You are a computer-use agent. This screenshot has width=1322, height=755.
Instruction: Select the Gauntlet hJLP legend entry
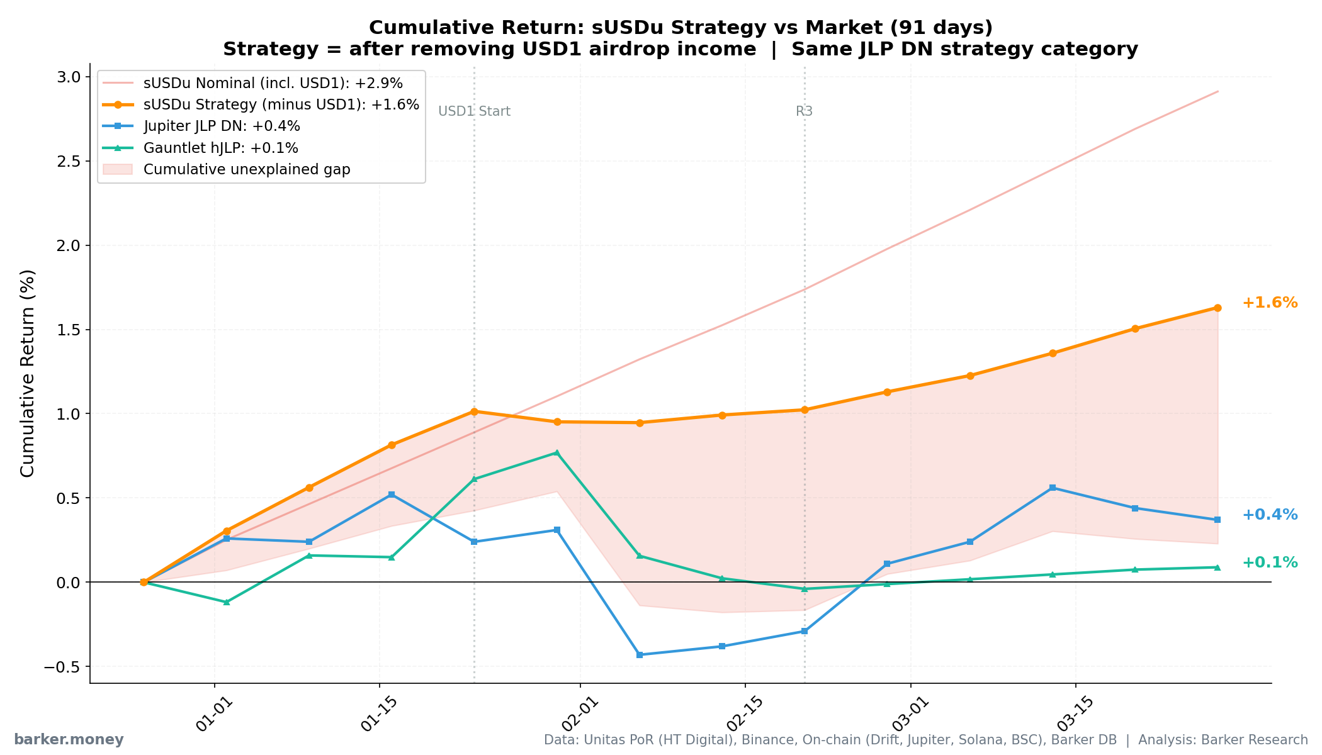coord(220,148)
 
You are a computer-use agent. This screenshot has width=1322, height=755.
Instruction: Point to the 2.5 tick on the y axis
coord(69,162)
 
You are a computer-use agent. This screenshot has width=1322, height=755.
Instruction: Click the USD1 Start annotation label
coord(474,111)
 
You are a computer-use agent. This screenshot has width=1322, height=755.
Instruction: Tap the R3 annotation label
coord(804,111)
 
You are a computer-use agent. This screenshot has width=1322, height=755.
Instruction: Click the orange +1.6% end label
coord(1269,303)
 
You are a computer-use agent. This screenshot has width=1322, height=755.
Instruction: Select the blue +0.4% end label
coord(1269,515)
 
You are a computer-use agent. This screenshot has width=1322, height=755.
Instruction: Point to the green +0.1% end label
coord(1269,562)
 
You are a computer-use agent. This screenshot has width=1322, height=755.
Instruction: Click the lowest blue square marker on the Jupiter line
coord(640,655)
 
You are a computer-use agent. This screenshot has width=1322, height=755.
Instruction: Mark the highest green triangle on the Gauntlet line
coord(556,452)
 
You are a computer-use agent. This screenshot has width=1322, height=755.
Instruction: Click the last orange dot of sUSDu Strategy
coord(1217,308)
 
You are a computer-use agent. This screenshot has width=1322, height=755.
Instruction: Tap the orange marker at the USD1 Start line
coord(474,411)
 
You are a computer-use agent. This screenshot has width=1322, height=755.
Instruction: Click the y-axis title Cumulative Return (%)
coord(28,373)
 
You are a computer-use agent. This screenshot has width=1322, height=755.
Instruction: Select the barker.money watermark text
coord(69,740)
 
